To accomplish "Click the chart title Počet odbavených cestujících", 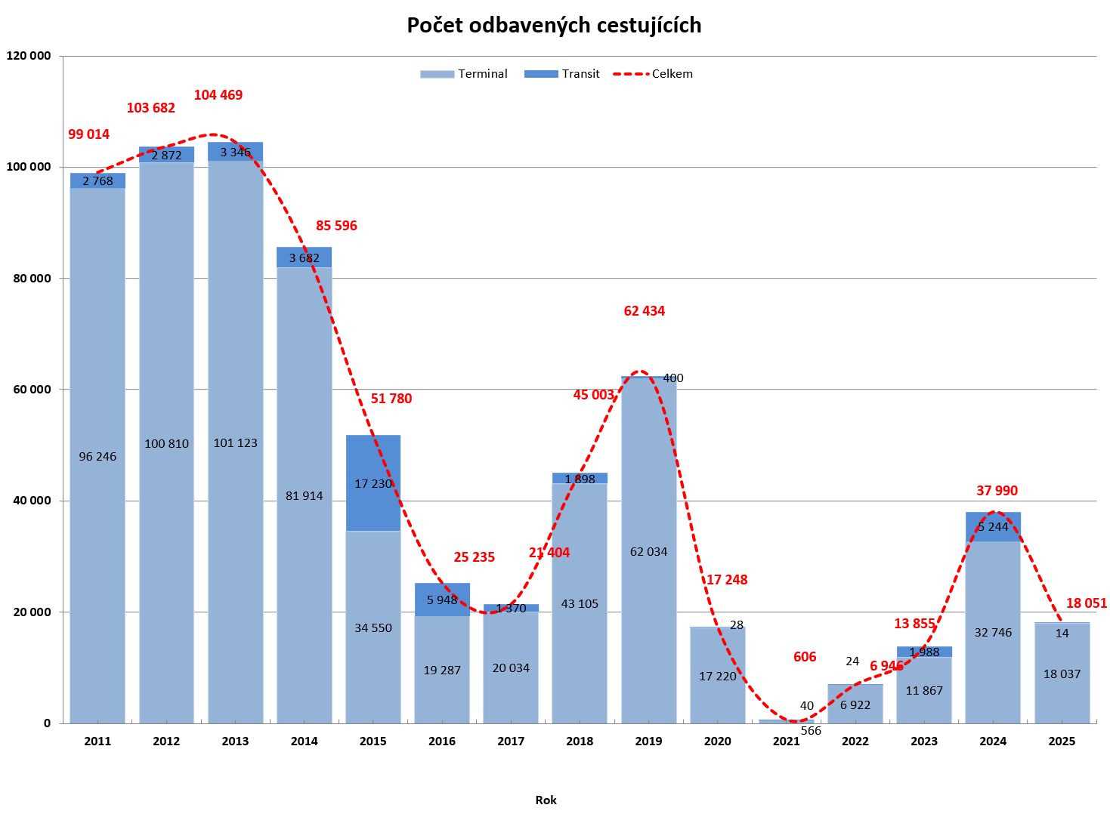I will (554, 26).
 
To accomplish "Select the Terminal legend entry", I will (464, 74).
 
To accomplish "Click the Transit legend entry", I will (562, 74).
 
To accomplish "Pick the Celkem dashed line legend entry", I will (653, 74).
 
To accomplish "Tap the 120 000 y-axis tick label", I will (29, 56).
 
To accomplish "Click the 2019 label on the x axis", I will (648, 741).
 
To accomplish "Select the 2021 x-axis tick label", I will (786, 741).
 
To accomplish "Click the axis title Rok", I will (546, 800).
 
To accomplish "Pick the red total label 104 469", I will (218, 95).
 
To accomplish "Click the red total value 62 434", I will (644, 311).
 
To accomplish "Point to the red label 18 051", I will (1086, 603).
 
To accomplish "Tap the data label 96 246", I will (97, 457).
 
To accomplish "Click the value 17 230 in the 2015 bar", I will (373, 484).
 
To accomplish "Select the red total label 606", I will (805, 657).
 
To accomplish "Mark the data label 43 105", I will (580, 604).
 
